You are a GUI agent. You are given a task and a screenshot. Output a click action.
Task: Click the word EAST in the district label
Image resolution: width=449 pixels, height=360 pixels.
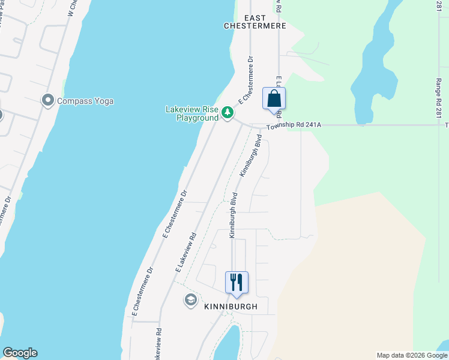pos(255,17)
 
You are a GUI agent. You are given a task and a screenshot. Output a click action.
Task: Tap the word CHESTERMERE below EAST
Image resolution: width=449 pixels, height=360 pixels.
pos(255,26)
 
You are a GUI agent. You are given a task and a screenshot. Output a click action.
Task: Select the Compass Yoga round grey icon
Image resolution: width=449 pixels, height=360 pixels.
pos(48,100)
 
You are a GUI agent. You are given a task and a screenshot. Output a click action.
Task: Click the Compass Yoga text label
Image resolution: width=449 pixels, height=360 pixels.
pos(85,101)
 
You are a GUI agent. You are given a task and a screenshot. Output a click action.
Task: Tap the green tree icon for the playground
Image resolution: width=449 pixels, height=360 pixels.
pos(228,112)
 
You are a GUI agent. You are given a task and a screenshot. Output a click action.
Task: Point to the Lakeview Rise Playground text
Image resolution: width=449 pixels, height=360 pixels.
pos(192,113)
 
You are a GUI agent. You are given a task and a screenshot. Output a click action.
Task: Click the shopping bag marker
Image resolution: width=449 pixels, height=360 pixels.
pos(274,99)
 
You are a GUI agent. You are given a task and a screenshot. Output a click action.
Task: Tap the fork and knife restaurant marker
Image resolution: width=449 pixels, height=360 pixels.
pos(237,282)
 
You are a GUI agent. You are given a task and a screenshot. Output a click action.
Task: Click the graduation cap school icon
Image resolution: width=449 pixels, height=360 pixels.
pos(191,301)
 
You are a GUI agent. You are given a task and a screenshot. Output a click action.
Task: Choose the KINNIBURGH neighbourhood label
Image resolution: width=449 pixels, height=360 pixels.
pos(231,307)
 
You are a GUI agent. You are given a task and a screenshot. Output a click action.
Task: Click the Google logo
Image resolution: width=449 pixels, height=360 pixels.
pos(20,353)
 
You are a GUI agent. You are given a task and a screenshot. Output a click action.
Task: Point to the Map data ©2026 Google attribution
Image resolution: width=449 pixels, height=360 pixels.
pos(412,355)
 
